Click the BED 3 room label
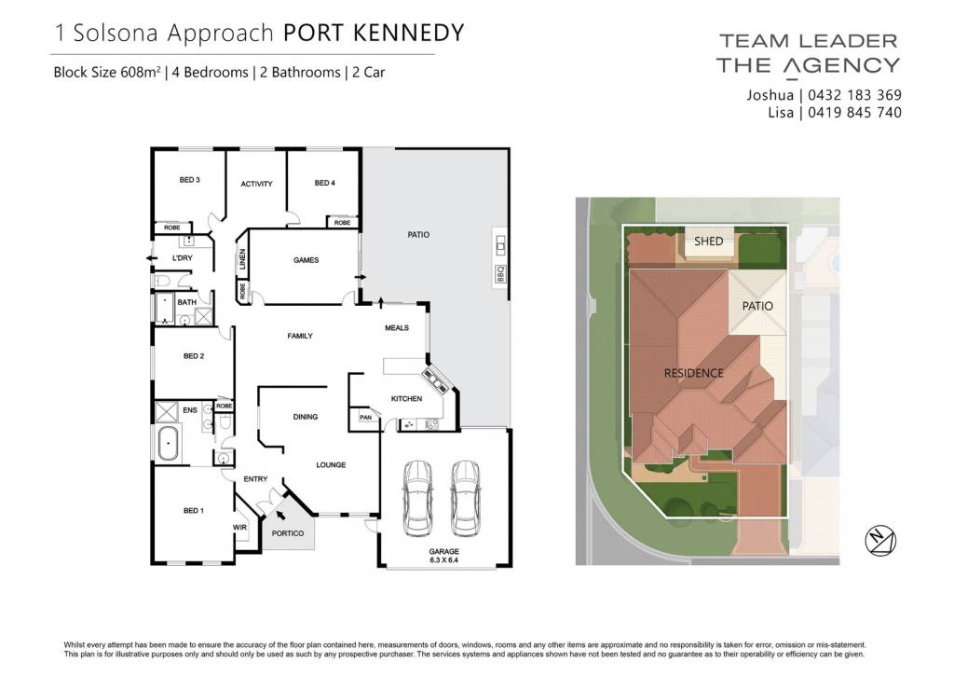(189, 180)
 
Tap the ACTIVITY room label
(256, 184)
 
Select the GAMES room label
(306, 260)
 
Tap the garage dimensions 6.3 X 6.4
(443, 559)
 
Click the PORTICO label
(288, 533)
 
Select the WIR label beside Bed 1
(239, 528)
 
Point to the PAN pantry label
(365, 417)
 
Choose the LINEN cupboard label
(242, 259)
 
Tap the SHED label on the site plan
(709, 241)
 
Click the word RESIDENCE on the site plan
(693, 373)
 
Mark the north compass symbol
(880, 540)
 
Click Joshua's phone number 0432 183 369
(855, 95)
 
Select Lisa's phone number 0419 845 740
(855, 113)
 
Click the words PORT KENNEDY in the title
(374, 33)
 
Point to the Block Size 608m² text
(107, 73)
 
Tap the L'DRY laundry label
(182, 258)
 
